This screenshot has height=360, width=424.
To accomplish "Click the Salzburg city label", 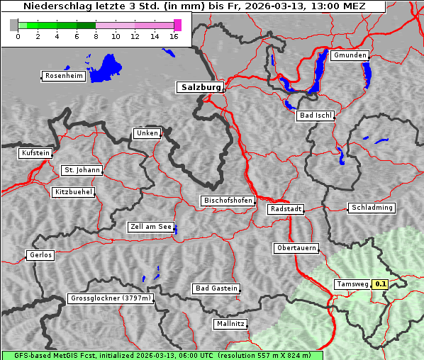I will click(200, 87).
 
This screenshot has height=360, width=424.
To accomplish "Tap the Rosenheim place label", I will click(64, 76).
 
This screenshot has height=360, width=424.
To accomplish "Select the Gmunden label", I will click(350, 55).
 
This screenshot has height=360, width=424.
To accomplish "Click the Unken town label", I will click(147, 133).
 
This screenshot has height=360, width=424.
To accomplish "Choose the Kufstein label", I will click(35, 153).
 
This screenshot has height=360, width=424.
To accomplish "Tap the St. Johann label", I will click(82, 170).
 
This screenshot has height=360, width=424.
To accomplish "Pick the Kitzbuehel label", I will click(73, 192).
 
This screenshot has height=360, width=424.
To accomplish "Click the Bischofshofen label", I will click(228, 201).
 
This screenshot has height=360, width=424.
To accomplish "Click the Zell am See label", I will click(151, 227).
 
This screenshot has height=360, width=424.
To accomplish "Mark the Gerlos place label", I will click(40, 255).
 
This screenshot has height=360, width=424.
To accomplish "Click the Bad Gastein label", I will click(216, 288).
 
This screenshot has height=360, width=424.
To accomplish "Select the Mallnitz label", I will click(230, 324).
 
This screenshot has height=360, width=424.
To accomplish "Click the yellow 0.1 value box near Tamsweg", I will click(381, 284).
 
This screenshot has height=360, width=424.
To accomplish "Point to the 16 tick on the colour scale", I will click(174, 36).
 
